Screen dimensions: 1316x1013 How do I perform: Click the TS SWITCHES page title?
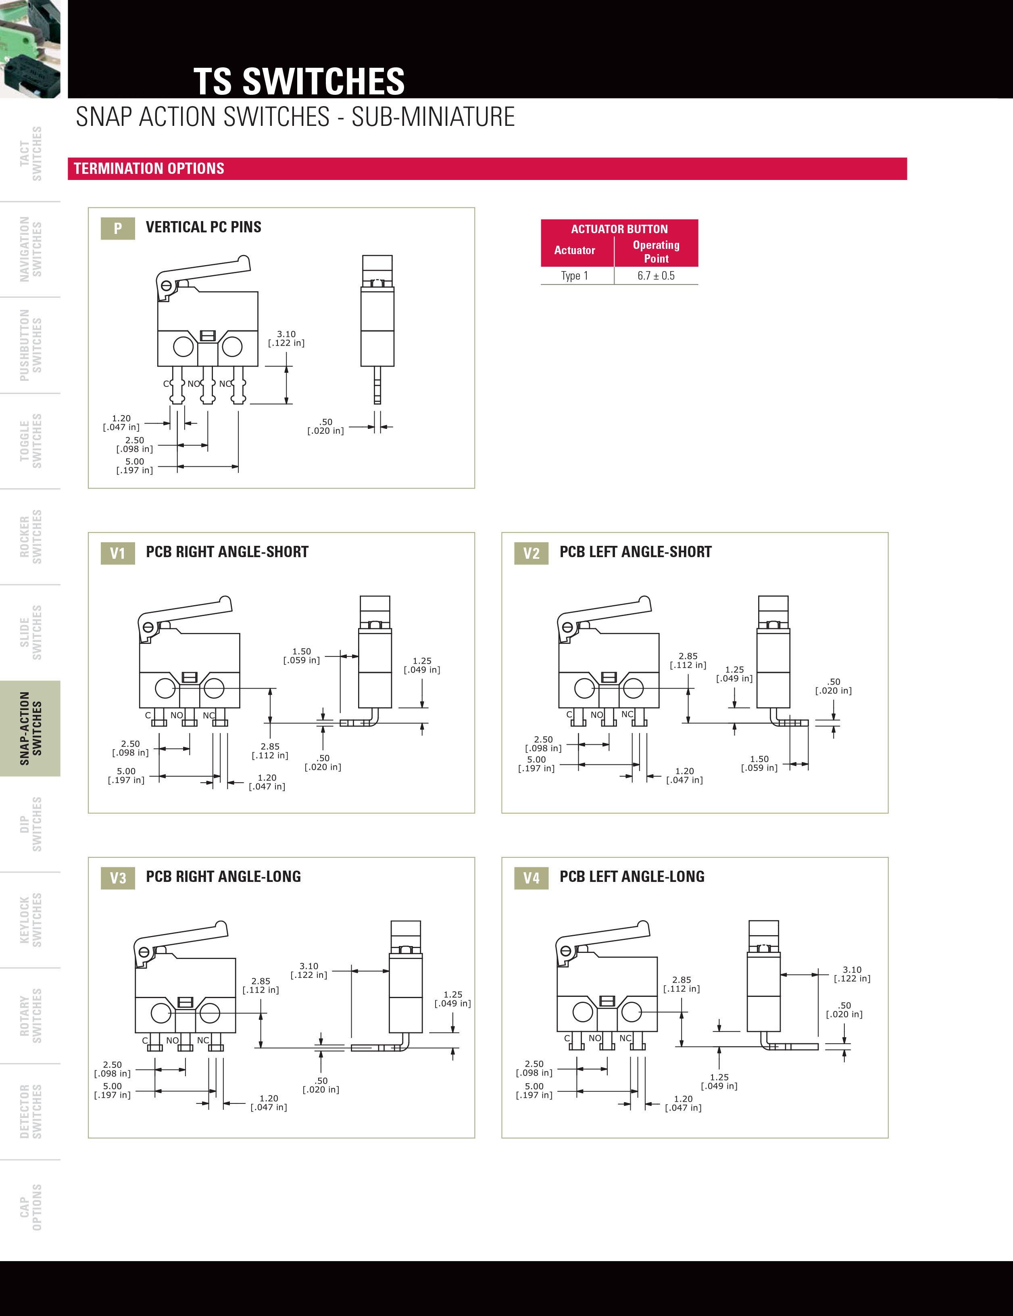(299, 81)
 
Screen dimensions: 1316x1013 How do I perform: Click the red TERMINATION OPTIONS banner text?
(149, 169)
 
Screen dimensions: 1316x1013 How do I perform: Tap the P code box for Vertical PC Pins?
(117, 228)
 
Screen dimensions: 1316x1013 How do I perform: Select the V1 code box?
(117, 553)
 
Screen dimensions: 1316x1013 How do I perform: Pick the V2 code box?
(531, 553)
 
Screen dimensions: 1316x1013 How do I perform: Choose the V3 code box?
(117, 878)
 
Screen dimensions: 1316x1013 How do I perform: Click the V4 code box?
(531, 878)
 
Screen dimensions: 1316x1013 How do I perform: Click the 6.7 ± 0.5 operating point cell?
(656, 276)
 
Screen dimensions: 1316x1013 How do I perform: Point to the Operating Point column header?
(656, 251)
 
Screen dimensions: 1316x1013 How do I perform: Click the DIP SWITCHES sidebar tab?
(31, 824)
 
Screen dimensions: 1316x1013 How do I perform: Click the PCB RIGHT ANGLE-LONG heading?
(223, 877)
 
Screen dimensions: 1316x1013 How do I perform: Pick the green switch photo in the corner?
(30, 48)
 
